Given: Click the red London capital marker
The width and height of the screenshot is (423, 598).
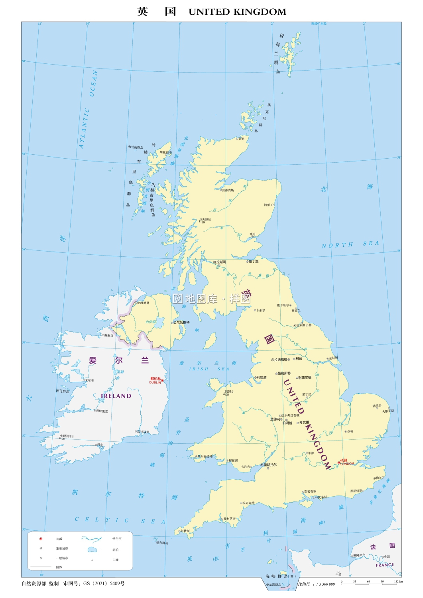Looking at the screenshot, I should [x=339, y=463].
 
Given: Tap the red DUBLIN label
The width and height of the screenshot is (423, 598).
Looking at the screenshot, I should [x=155, y=382].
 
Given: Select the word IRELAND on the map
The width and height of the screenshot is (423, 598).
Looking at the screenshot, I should [x=116, y=396].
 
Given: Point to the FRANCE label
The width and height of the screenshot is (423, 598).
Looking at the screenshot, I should [x=384, y=565].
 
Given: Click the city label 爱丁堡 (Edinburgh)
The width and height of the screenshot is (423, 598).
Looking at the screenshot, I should [x=254, y=262].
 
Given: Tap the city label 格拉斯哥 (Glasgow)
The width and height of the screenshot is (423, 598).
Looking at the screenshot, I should [x=220, y=262].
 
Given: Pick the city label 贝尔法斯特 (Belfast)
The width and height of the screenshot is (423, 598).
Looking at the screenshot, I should [x=181, y=323].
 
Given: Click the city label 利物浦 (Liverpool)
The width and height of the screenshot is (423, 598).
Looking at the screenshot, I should [x=262, y=377].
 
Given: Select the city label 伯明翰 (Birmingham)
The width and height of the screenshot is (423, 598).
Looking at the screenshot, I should [x=287, y=423].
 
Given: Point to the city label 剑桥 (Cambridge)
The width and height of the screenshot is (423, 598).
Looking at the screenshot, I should [x=350, y=431].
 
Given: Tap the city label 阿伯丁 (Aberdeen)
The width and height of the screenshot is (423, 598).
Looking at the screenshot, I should [x=269, y=205].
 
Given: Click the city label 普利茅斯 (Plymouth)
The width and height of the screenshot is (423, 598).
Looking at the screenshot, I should [x=230, y=519].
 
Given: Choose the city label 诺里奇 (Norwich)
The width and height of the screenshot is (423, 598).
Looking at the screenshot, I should [x=377, y=406].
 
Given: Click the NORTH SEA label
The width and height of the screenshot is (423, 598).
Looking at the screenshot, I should [x=350, y=244].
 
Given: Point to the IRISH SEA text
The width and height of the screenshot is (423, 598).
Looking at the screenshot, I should [x=209, y=369].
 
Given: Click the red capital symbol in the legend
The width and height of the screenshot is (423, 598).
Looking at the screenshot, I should [x=41, y=539].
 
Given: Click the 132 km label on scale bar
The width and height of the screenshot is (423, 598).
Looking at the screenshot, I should [x=398, y=581].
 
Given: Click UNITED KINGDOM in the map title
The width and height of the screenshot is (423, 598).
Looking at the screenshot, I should [x=237, y=12].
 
